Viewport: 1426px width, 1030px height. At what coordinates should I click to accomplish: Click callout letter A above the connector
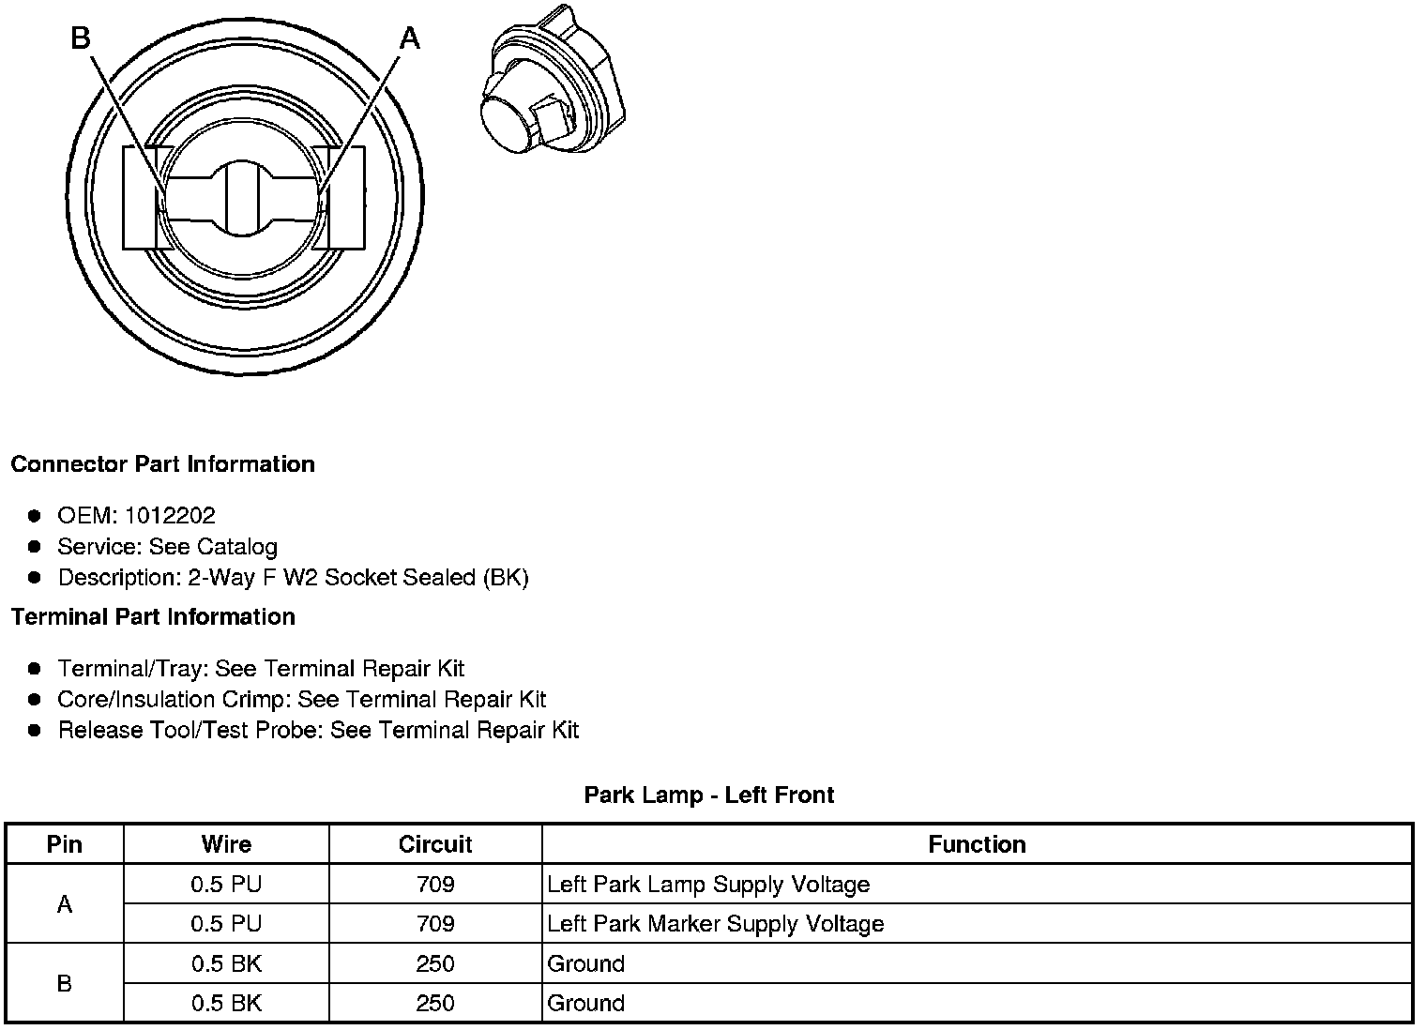pos(409,38)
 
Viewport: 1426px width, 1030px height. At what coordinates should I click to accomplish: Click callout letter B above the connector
pos(81,38)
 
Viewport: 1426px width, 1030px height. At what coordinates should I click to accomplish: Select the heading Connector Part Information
pos(162,464)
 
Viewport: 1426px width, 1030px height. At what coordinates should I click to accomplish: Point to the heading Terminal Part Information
pos(153,616)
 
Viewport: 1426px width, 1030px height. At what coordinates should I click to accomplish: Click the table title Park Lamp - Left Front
pos(708,795)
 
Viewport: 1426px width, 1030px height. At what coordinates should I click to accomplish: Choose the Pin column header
pos(64,844)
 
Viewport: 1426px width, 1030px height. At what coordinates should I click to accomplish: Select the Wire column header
pos(226,844)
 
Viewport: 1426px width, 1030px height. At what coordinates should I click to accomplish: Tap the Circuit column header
pos(435,844)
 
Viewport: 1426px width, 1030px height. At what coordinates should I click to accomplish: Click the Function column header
pos(977,844)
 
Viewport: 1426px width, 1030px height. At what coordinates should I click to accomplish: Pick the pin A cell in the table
pos(64,904)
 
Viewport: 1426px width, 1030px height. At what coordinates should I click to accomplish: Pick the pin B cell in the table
pos(64,983)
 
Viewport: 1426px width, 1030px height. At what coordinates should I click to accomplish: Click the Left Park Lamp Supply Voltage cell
pos(708,885)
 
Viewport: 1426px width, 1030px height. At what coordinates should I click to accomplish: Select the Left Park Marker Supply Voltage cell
pos(715,924)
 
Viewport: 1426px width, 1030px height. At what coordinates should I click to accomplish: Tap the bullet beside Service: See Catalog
pos(35,546)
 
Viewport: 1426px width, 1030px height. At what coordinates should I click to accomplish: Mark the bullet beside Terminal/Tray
pos(35,668)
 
